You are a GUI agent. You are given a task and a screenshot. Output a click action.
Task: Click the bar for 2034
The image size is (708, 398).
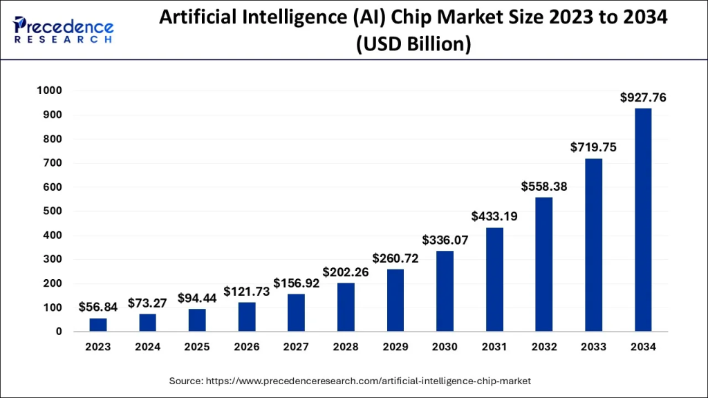[643, 220]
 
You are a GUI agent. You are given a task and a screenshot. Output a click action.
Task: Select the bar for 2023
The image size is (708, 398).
[97, 325]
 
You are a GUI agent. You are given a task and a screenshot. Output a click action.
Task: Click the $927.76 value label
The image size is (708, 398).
[643, 98]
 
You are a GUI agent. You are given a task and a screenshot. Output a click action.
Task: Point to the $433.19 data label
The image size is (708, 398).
[494, 216]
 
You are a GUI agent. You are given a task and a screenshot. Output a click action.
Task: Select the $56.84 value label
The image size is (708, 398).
[97, 307]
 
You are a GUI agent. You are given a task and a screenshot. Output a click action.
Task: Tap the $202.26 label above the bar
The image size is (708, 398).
[346, 272]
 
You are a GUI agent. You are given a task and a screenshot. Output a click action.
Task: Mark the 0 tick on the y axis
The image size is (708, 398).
[59, 332]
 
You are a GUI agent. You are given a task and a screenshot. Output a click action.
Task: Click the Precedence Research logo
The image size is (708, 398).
[64, 28]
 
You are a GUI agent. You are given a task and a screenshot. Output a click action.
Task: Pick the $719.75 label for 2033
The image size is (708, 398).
[593, 147]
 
